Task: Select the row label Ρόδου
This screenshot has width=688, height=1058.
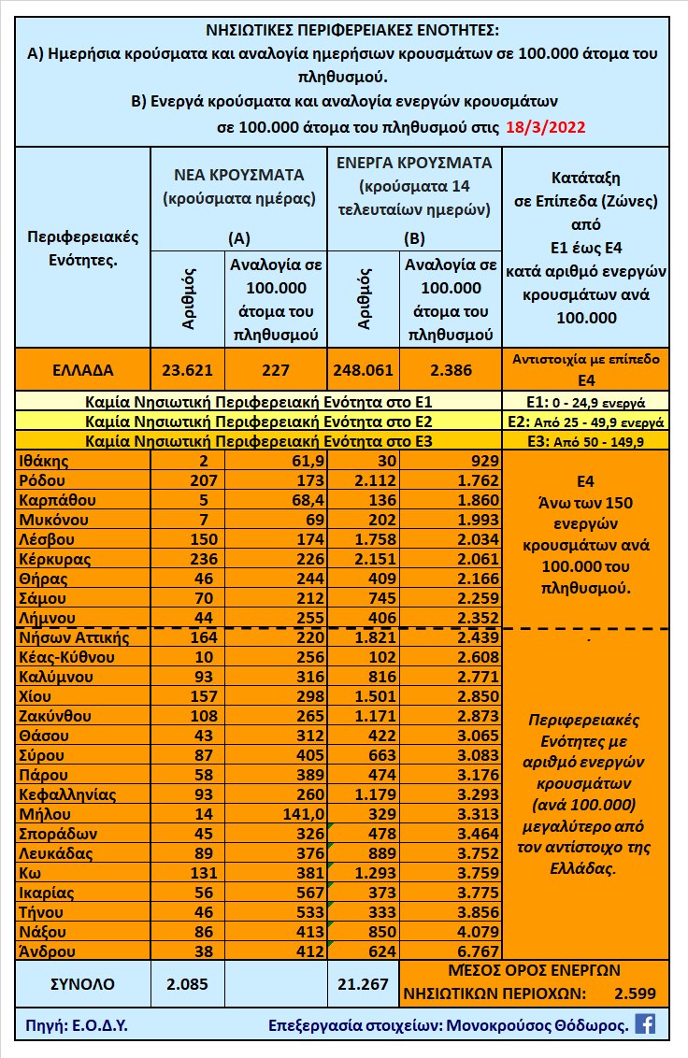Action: (x=43, y=480)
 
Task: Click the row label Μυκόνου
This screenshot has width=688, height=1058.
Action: (x=52, y=520)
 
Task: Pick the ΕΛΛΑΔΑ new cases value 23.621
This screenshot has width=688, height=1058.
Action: (x=184, y=370)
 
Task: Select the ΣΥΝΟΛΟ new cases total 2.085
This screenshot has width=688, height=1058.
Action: (x=184, y=983)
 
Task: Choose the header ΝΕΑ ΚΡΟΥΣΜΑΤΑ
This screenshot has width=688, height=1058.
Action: (x=239, y=175)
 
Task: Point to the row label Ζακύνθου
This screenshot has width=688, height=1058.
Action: (x=55, y=716)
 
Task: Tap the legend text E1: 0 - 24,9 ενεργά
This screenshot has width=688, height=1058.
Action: (x=585, y=403)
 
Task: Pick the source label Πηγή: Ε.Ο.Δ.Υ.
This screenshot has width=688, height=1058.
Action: (x=71, y=1025)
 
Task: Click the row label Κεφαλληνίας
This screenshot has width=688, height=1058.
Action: (x=67, y=794)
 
